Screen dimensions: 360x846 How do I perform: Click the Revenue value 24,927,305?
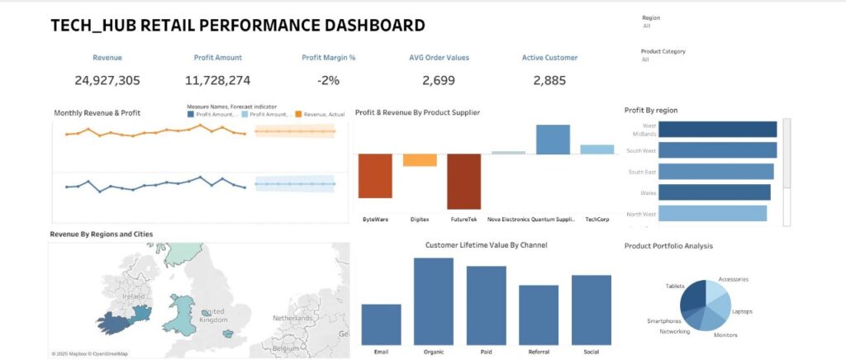pos(107,80)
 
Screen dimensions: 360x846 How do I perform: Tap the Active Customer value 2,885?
pos(549,80)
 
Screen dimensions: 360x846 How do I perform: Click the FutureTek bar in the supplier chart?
pos(463,182)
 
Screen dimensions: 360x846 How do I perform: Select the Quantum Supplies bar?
pos(553,140)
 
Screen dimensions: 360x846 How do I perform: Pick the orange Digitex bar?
pos(420,160)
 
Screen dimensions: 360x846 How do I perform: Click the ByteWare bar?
pos(375,176)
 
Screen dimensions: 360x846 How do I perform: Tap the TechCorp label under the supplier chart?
pos(596,220)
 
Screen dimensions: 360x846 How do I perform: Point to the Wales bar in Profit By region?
pos(715,192)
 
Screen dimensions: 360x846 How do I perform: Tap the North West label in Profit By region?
pos(642,214)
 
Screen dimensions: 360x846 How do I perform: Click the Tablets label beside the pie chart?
pos(675,286)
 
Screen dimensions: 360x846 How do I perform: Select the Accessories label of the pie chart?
pos(734,280)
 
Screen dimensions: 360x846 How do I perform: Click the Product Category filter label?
pos(663,51)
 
